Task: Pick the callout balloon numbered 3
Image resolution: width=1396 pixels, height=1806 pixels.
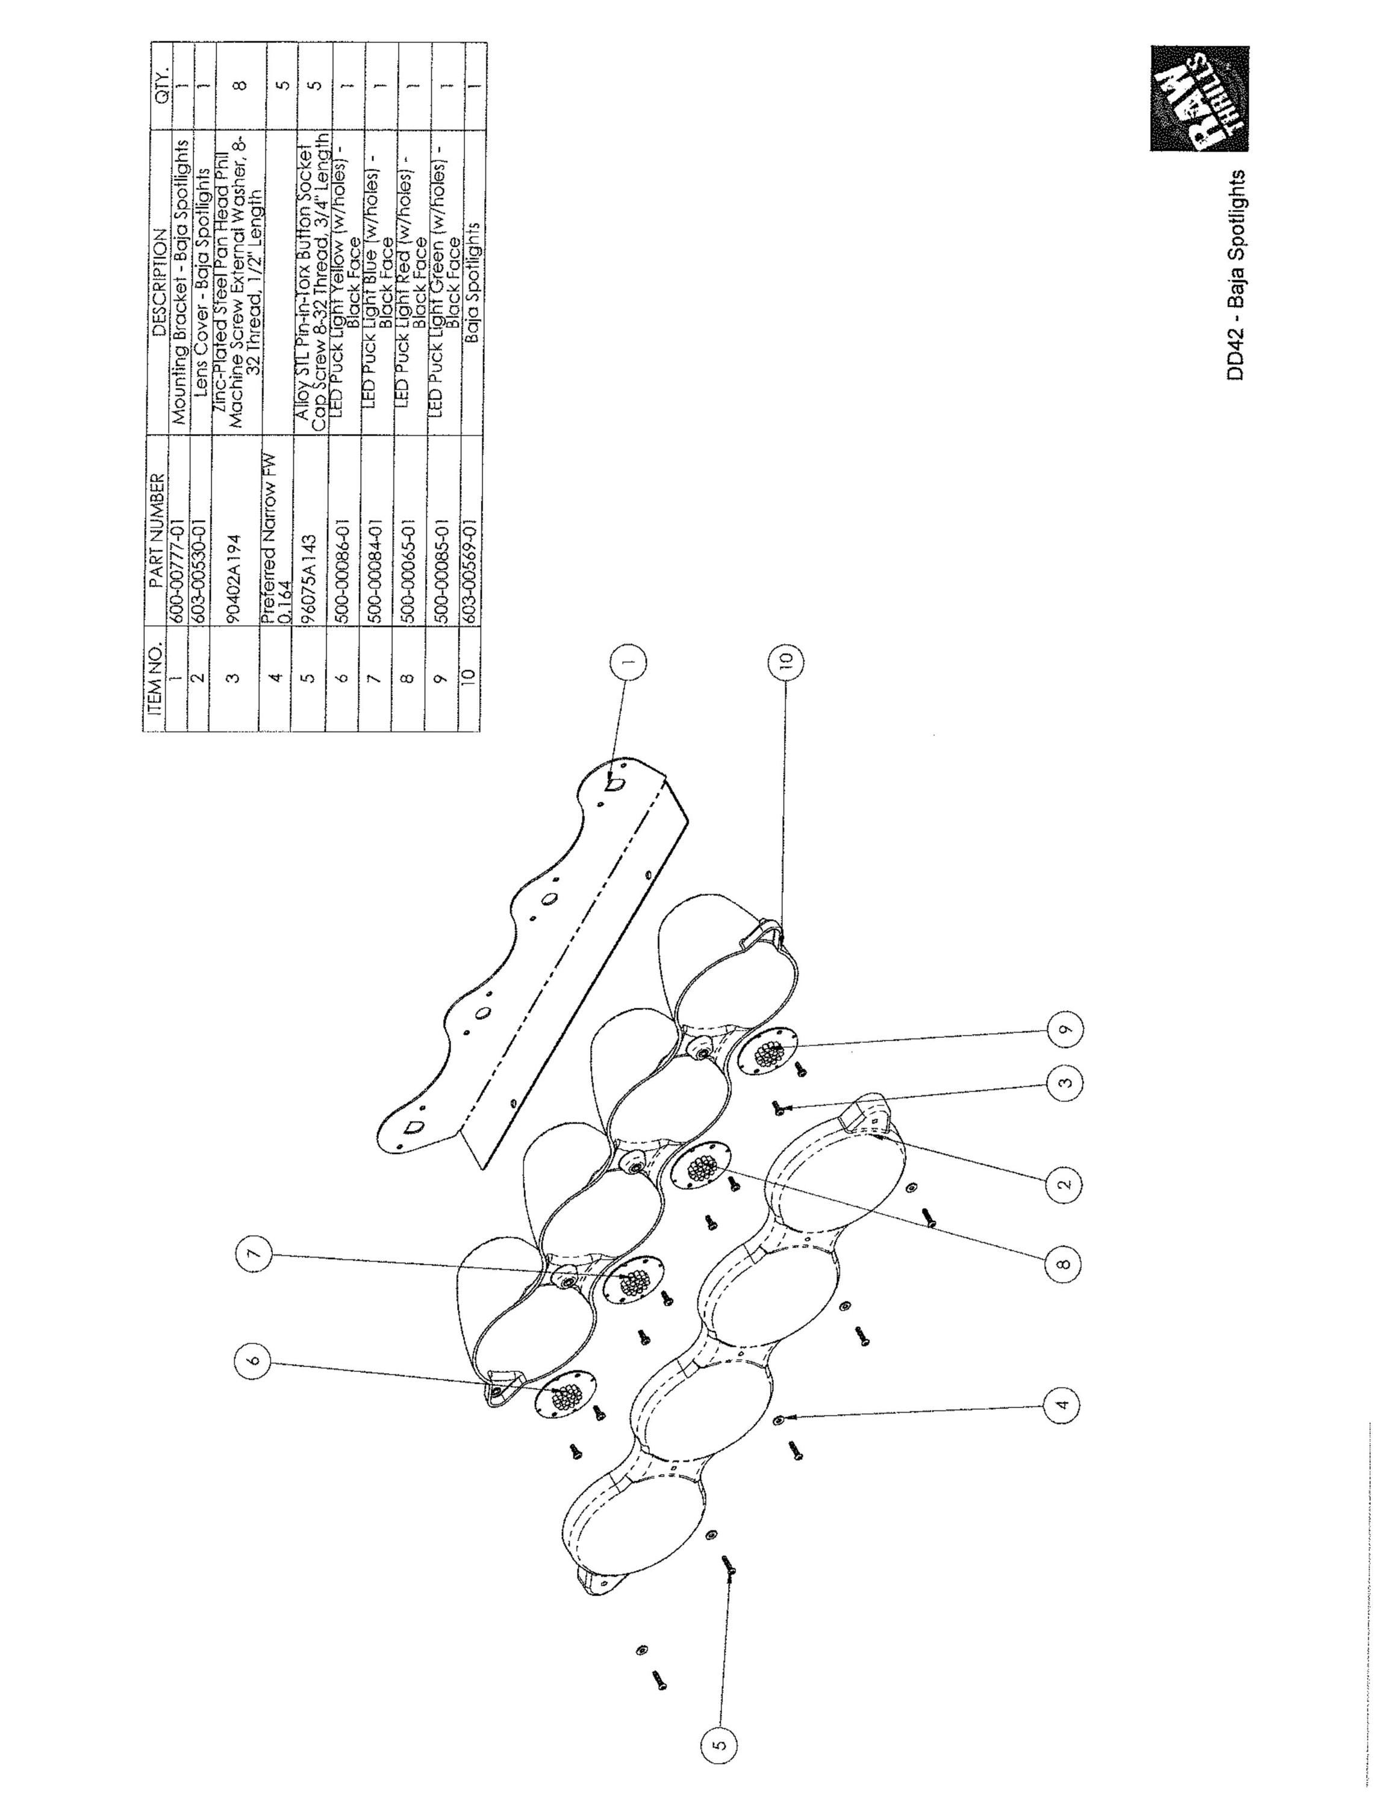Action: (1064, 1082)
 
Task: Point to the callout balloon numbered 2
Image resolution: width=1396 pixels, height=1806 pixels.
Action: (1064, 1182)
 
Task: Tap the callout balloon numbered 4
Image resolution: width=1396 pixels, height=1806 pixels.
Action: (1064, 1403)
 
